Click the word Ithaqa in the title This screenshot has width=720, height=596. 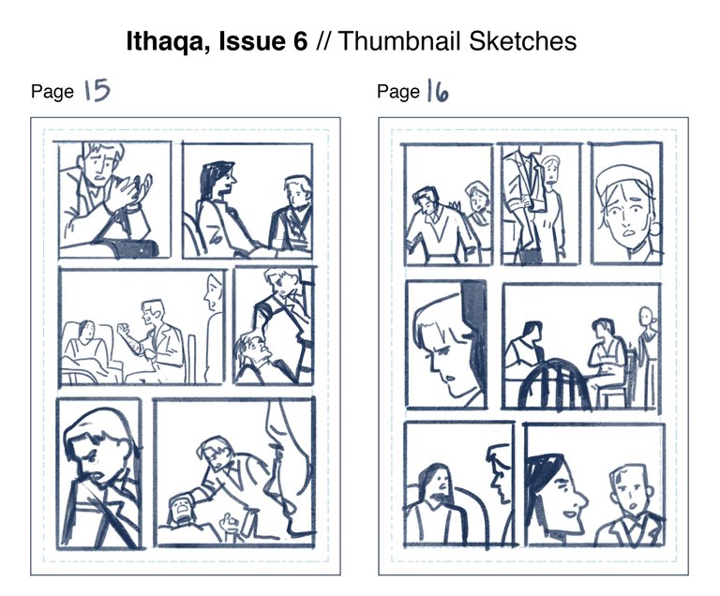(x=165, y=42)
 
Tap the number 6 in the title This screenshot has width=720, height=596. (x=299, y=41)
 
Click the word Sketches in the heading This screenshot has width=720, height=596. (x=522, y=41)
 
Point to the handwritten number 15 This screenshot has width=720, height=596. (x=97, y=90)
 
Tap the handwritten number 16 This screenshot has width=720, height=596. (x=438, y=91)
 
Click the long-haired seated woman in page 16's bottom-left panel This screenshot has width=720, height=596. (x=434, y=504)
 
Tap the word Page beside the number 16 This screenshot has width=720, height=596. (x=398, y=91)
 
